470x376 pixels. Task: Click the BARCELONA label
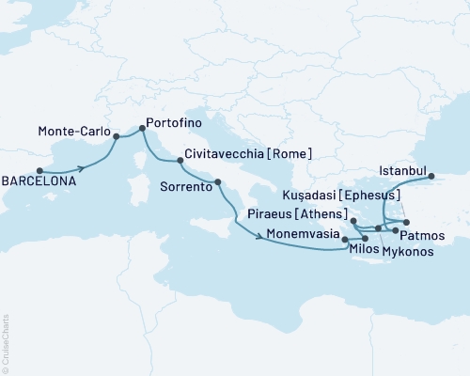[39, 185]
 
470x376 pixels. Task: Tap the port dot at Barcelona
[39, 171]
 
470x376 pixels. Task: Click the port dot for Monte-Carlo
[116, 136]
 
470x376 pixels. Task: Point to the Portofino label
[175, 121]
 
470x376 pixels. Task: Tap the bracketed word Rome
[293, 153]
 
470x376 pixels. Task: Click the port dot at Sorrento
[218, 182]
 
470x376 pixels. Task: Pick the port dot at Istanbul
[431, 176]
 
